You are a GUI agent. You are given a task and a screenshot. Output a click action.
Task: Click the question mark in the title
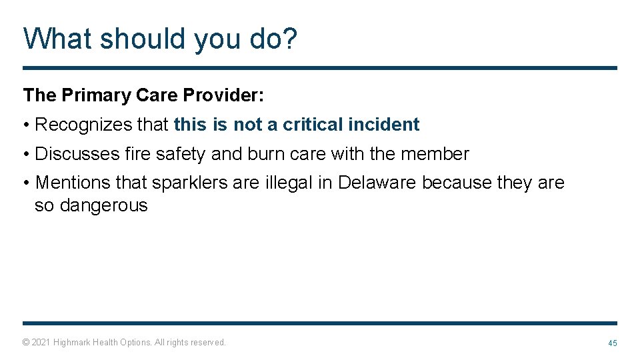point(288,39)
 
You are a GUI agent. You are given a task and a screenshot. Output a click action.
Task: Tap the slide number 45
point(612,343)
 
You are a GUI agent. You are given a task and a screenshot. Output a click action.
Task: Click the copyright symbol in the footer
point(26,343)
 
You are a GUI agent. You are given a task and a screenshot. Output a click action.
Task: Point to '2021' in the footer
point(41,343)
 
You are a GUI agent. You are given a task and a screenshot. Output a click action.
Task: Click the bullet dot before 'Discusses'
point(26,155)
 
